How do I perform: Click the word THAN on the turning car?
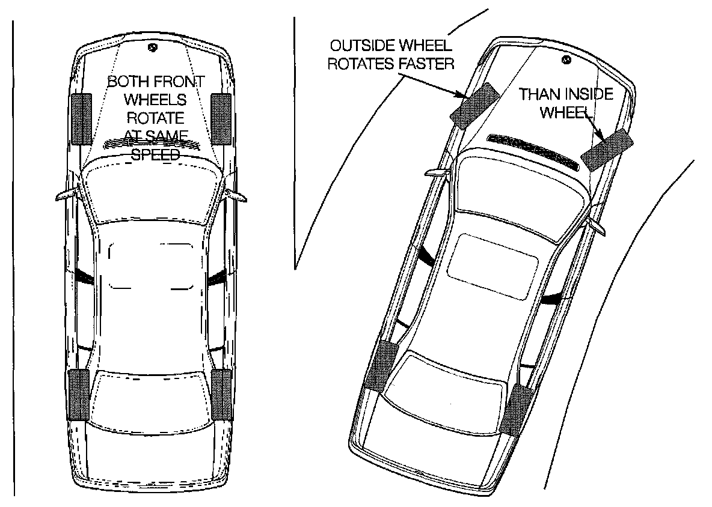click(538, 94)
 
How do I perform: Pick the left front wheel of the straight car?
click(81, 119)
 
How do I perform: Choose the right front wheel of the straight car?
click(221, 119)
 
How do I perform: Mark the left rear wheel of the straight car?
click(78, 394)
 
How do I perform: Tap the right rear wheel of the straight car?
click(222, 394)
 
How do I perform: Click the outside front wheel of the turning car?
click(475, 106)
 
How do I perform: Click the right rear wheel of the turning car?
click(518, 410)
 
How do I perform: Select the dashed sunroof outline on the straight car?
click(152, 266)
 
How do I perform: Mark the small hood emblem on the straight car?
click(153, 47)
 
